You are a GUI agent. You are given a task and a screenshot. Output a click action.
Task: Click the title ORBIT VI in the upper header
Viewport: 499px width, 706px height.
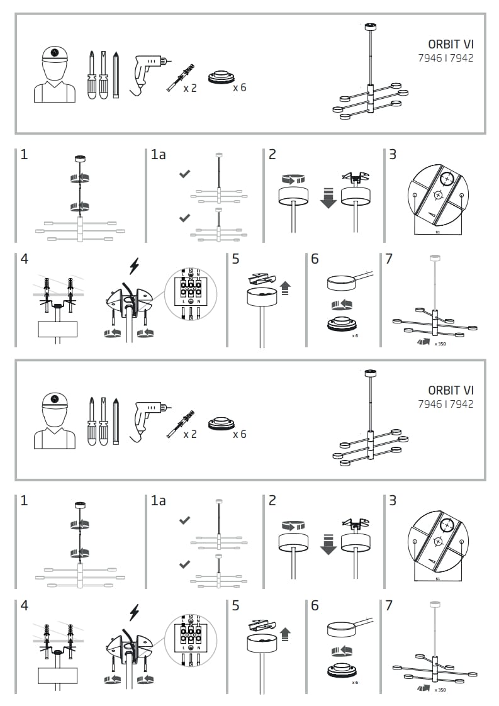click(451, 44)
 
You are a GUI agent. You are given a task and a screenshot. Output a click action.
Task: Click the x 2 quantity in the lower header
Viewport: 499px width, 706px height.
click(190, 435)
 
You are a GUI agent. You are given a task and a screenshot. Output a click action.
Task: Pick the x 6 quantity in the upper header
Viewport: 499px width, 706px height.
click(239, 87)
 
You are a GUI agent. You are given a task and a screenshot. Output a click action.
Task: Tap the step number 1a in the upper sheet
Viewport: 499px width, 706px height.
click(158, 154)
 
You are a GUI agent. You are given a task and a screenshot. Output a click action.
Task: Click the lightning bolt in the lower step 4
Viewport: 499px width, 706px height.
click(134, 612)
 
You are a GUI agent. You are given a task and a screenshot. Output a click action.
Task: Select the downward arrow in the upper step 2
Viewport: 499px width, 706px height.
click(328, 199)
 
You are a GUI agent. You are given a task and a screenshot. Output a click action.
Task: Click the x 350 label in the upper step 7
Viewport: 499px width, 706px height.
click(440, 344)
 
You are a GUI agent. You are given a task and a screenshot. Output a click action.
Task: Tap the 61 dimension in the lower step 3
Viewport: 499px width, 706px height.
click(437, 578)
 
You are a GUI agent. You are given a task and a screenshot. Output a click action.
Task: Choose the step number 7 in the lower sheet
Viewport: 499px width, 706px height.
click(389, 605)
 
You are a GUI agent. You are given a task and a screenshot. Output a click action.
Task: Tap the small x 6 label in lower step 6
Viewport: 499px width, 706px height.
click(355, 682)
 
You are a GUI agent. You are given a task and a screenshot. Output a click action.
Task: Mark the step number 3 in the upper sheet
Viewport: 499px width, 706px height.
click(393, 154)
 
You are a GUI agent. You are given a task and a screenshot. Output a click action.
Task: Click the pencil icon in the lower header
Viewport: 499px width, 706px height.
click(116, 420)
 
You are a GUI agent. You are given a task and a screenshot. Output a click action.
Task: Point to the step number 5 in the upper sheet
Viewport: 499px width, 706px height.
click(235, 259)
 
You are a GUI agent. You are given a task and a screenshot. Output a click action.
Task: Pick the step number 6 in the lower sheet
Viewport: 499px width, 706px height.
click(315, 605)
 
